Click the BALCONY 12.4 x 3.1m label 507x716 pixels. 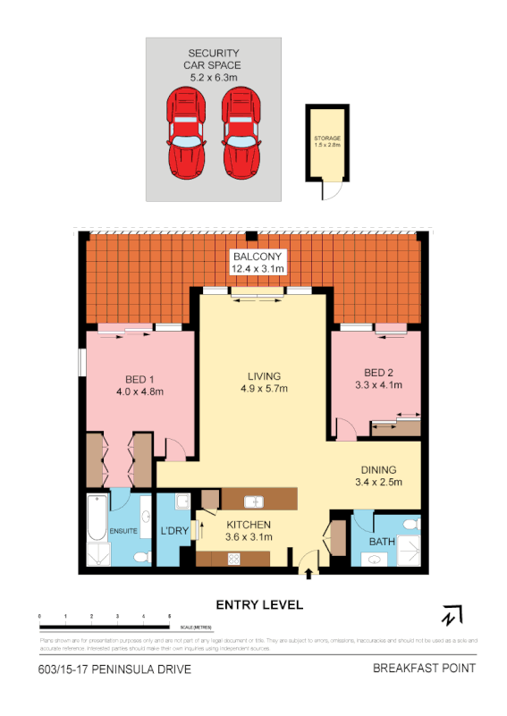tap(258, 262)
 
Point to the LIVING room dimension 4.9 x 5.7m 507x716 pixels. tap(265, 389)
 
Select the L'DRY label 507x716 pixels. tap(173, 531)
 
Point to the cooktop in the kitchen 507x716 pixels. tap(234, 559)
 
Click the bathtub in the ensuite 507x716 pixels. tap(97, 529)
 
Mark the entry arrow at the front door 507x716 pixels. tap(309, 574)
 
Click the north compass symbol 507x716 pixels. tap(452, 616)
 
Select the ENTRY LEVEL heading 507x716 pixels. tap(260, 605)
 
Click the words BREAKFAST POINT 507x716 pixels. tap(424, 669)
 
